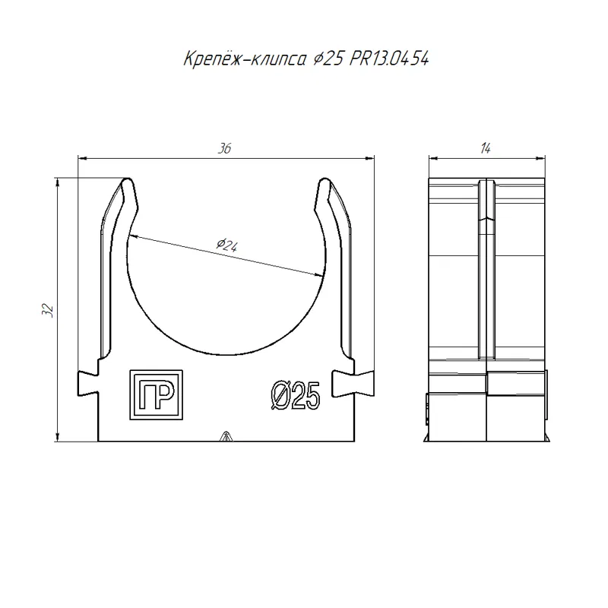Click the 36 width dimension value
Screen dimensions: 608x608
pos(224,148)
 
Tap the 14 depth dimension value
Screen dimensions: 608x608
pos(486,148)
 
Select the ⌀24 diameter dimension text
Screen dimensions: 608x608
pos(227,245)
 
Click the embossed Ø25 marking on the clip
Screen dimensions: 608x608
pos(296,395)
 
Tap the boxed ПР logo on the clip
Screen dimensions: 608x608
pos(156,394)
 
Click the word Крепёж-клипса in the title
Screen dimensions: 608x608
pos(245,59)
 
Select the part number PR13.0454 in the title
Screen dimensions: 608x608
pos(389,59)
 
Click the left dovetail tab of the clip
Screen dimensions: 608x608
pos(88,383)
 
